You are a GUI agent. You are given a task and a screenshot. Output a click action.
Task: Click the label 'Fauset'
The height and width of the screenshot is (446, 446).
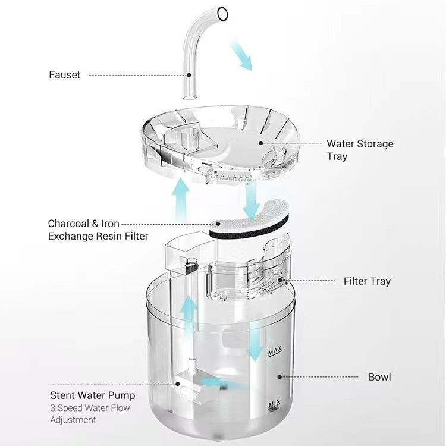pyautogui.click(x=65, y=76)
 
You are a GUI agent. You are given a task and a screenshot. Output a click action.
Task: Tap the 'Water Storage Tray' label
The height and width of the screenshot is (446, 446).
pyautogui.click(x=360, y=150)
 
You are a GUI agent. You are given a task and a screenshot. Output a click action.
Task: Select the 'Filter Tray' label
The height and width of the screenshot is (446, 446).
pyautogui.click(x=367, y=281)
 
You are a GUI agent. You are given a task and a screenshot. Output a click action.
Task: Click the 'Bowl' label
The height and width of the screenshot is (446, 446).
pyautogui.click(x=379, y=377)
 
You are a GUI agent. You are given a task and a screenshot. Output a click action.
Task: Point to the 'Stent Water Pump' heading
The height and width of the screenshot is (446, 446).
pyautogui.click(x=92, y=395)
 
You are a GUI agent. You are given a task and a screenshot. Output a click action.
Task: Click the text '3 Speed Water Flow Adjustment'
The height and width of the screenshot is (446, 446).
pyautogui.click(x=90, y=414)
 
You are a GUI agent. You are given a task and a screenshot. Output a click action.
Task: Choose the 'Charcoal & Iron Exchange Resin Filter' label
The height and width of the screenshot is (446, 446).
pyautogui.click(x=98, y=230)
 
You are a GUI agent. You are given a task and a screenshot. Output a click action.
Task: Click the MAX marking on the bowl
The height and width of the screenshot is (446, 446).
pyautogui.click(x=274, y=353)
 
